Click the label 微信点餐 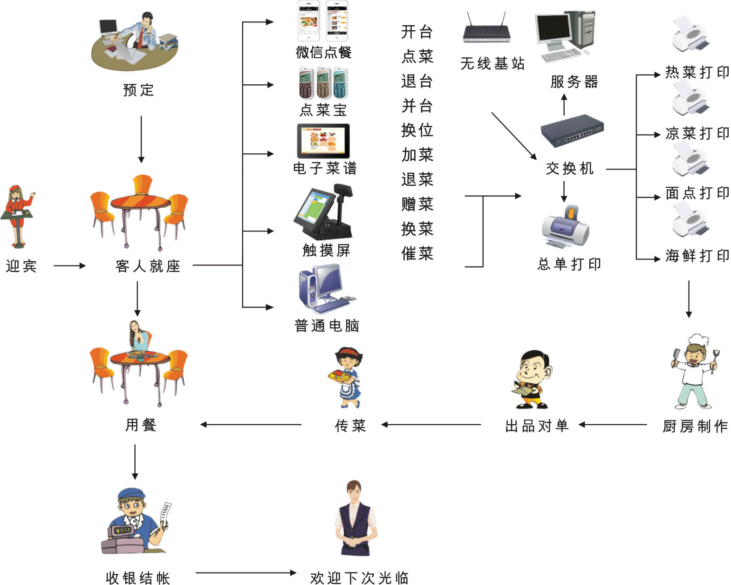click(324, 52)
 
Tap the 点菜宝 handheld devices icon click(323, 83)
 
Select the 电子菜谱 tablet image click(323, 141)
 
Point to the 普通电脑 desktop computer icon click(324, 289)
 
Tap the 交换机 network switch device click(572, 131)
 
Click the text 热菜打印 click(697, 73)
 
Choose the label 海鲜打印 click(697, 256)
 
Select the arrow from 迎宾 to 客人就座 click(70, 265)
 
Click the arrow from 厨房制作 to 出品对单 click(613, 424)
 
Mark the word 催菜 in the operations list click(417, 254)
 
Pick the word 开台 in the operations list click(417, 32)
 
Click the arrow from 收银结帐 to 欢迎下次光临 click(246, 572)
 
